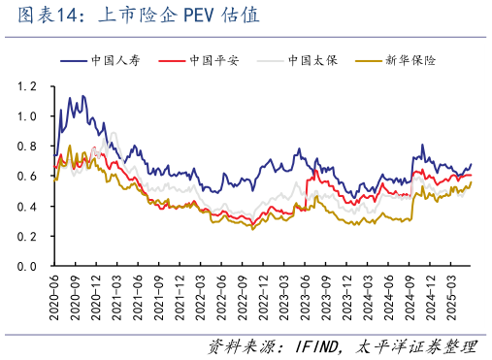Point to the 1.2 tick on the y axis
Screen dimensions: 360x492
[28, 86]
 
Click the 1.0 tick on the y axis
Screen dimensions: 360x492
[28, 116]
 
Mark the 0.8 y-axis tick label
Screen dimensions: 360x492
[28, 147]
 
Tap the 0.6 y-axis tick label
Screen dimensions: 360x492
[28, 177]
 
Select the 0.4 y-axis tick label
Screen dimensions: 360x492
[28, 207]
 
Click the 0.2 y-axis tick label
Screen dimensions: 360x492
[28, 236]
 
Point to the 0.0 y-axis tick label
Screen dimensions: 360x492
[28, 266]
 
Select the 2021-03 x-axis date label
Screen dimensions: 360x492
[117, 295]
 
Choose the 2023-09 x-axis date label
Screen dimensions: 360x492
[327, 295]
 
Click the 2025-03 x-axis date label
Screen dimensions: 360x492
[453, 295]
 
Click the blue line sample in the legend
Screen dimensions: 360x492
[80, 60]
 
